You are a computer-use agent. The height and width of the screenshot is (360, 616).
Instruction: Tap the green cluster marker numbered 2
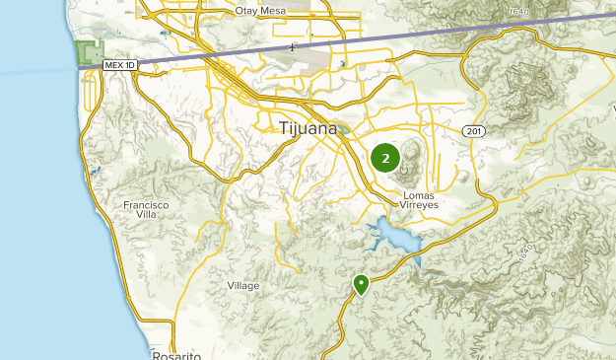coord(385,157)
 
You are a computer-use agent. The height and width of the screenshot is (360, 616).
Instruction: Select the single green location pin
coord(362,284)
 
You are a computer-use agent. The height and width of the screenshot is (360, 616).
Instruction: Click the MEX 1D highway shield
coord(117,64)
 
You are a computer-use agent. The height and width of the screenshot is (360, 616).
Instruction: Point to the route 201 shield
coord(473,130)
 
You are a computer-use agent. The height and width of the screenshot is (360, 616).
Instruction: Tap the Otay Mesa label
coord(261,11)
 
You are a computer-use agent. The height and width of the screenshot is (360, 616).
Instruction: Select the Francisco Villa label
coord(146,210)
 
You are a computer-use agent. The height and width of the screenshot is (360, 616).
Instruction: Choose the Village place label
coord(243,286)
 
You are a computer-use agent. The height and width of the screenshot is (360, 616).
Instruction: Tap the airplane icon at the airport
coord(292,46)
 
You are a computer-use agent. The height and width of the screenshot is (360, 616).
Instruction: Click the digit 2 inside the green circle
coord(385,157)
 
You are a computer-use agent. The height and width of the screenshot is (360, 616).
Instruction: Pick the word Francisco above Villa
coord(146,205)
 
